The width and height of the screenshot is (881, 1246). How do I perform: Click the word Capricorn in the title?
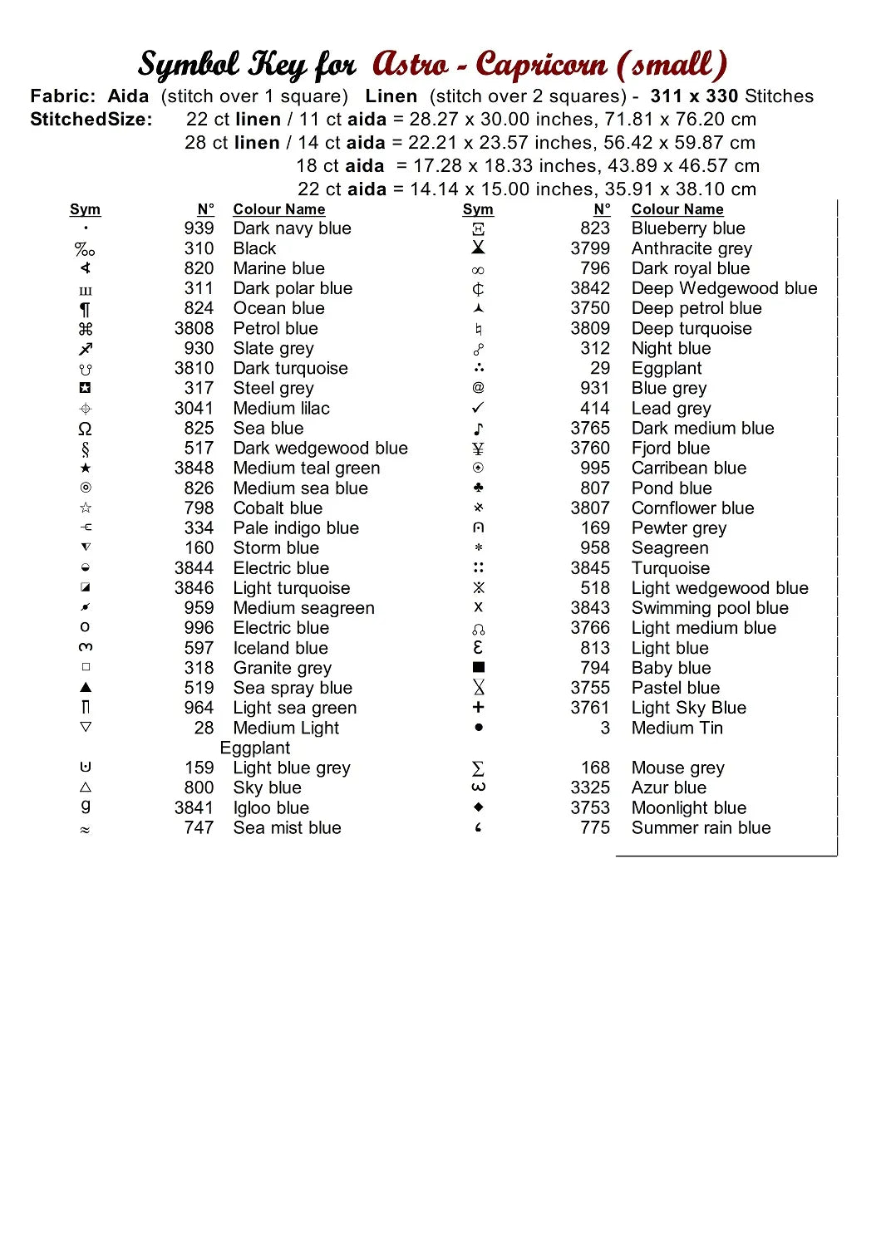click(541, 65)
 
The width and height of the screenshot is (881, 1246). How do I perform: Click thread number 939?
click(199, 228)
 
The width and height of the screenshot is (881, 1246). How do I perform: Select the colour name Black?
click(254, 248)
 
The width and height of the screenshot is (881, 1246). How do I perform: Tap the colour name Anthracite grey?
click(692, 248)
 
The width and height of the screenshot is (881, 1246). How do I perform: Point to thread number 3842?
click(590, 288)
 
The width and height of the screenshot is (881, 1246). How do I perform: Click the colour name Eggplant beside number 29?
click(667, 368)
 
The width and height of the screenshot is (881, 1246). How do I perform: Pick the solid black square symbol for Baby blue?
click(478, 667)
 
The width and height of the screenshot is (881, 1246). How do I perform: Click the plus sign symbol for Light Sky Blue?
click(478, 707)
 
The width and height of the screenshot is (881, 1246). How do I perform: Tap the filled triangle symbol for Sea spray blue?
click(86, 687)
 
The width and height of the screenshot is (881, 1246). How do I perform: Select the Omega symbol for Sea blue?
click(85, 429)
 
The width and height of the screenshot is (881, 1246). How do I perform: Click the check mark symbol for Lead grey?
click(478, 408)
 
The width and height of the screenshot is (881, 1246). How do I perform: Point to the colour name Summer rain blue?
click(701, 827)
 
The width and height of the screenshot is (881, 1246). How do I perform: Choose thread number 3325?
click(590, 787)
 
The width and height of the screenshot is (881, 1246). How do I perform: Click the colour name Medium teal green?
click(306, 468)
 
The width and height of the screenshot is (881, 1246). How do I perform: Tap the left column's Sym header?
click(85, 209)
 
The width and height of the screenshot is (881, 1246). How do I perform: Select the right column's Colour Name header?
click(677, 209)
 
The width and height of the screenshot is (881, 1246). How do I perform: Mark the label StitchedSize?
click(91, 120)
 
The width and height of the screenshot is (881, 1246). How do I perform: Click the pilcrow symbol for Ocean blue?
click(85, 309)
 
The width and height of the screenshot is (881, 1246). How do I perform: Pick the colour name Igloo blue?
click(271, 807)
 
